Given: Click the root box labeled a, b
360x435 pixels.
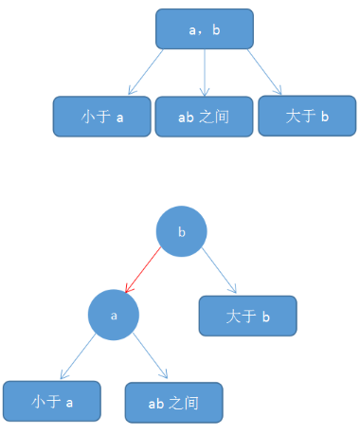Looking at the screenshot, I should pyautogui.click(x=205, y=28).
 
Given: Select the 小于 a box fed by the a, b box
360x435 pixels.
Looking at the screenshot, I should pyautogui.click(x=102, y=117).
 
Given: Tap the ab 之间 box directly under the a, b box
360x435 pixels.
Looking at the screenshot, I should pyautogui.click(x=205, y=117).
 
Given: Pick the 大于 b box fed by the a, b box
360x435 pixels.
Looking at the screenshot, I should pyautogui.click(x=307, y=116).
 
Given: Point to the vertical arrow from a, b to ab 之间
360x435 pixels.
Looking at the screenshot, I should pyautogui.click(x=205, y=72).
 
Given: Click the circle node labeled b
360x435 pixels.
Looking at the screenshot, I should pyautogui.click(x=181, y=231).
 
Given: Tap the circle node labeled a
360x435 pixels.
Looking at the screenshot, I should pyautogui.click(x=114, y=314).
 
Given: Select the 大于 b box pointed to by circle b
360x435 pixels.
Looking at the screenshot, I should pyautogui.click(x=247, y=316).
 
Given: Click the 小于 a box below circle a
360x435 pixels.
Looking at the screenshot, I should pyautogui.click(x=52, y=401).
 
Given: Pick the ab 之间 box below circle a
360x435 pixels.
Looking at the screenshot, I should pyautogui.click(x=173, y=402).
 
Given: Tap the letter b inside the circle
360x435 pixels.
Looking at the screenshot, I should pyautogui.click(x=181, y=231).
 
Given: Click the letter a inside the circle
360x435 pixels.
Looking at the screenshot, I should pyautogui.click(x=114, y=314).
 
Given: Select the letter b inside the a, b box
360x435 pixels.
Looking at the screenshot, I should pyautogui.click(x=217, y=29).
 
